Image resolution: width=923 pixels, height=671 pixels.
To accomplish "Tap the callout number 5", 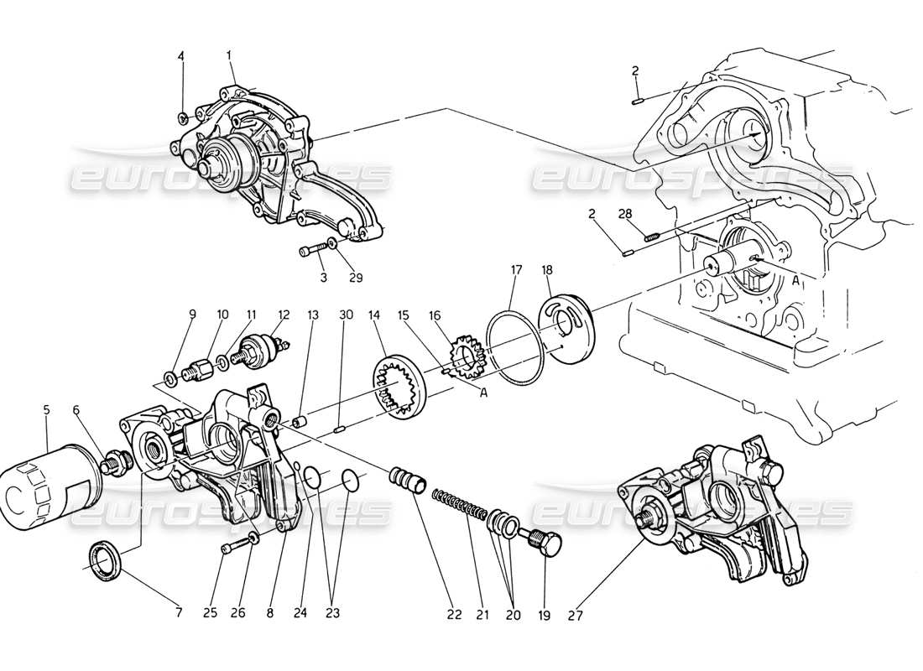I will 46,410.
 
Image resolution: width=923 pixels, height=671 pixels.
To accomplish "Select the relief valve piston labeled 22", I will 406,482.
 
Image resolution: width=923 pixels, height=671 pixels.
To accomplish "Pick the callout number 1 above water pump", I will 228,55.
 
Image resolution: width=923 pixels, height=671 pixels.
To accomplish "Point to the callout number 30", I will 345,315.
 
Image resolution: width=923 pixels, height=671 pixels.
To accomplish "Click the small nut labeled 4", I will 182,116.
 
